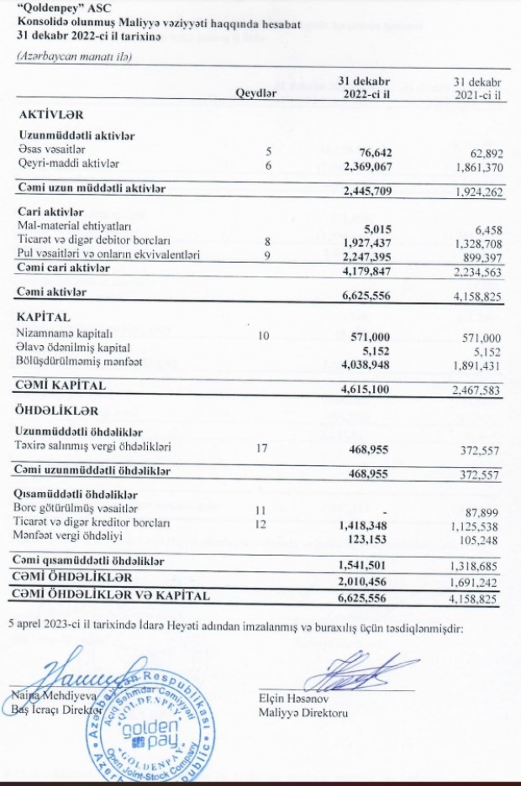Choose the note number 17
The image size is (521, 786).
point(260,448)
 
